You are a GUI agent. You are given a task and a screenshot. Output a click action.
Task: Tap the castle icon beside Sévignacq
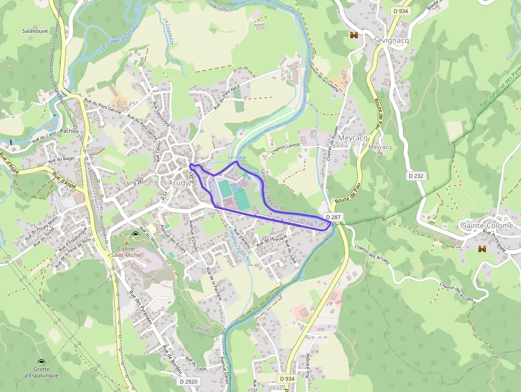pyautogui.click(x=353, y=35)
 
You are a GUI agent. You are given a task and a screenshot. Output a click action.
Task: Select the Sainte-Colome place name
pyautogui.click(x=488, y=226)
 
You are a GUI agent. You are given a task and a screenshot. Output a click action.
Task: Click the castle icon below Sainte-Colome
pyautogui.click(x=482, y=248)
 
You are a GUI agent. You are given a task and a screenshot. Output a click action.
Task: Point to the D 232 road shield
pyautogui.click(x=417, y=175)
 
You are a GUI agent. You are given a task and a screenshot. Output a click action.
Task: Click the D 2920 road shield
pyautogui.click(x=188, y=381)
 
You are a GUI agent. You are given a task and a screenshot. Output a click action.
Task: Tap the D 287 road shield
pyautogui.click(x=333, y=217)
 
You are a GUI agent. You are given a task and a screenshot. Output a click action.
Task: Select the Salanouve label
pyautogui.click(x=36, y=31)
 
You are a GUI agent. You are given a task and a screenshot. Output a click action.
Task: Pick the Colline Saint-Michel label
pyautogui.click(x=123, y=252)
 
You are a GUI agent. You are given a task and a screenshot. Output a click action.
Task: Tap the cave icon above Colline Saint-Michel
pyautogui.click(x=135, y=235)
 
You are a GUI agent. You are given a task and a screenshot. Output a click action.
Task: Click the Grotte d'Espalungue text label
pyautogui.click(x=41, y=372)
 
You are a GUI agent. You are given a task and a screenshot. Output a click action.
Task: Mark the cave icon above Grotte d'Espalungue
pyautogui.click(x=41, y=361)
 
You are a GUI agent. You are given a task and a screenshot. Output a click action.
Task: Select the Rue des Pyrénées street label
pyautogui.click(x=140, y=307)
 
